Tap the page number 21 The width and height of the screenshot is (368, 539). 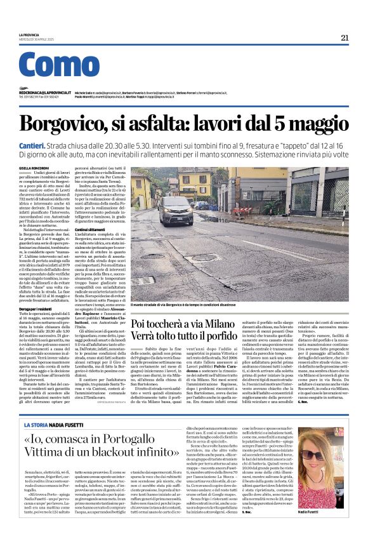tap(345, 37)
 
